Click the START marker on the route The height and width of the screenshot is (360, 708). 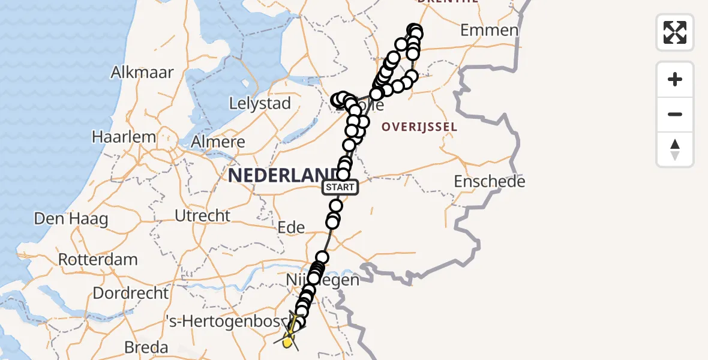point(341,187)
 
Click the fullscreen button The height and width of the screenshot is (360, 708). point(675,32)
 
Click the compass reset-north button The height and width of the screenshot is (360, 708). point(675,149)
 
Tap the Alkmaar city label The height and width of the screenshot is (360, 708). point(142,73)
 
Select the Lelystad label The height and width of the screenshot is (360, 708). point(260,103)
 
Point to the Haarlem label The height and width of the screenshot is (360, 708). point(124,137)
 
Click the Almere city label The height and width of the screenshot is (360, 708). point(217,142)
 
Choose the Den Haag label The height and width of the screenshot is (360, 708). point(71,219)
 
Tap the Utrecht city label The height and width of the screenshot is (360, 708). point(202,215)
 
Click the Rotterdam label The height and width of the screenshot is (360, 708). point(98,260)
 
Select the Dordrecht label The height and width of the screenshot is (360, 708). point(130,293)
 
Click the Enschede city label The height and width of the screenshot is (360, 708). point(490,181)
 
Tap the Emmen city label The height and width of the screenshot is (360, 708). point(489,30)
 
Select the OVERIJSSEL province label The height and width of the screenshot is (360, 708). point(419,127)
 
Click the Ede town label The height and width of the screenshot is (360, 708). point(291,227)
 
